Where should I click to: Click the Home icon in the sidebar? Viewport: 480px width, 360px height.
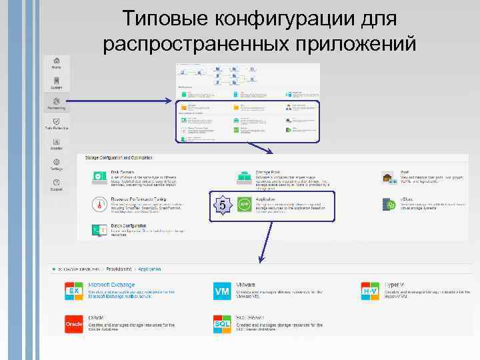tap(57, 61)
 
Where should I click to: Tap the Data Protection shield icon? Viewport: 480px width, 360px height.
tap(57, 122)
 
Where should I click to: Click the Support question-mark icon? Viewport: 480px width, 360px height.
tap(57, 183)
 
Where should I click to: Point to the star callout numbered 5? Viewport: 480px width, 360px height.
tap(222, 205)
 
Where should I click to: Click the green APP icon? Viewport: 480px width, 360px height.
tap(244, 203)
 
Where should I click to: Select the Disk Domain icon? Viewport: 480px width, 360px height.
tap(99, 177)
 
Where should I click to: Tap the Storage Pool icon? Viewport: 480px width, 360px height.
tap(244, 177)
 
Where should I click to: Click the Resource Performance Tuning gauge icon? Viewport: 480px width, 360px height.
tap(99, 203)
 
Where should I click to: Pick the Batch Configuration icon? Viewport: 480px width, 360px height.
tap(99, 230)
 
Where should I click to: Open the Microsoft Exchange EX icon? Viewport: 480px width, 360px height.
tap(73, 291)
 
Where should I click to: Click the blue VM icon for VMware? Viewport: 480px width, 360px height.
tap(221, 291)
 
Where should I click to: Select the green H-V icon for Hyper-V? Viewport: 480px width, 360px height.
tap(370, 291)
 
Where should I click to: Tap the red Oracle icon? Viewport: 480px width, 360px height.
tap(73, 323)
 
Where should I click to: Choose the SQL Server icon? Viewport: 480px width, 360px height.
tap(221, 323)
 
